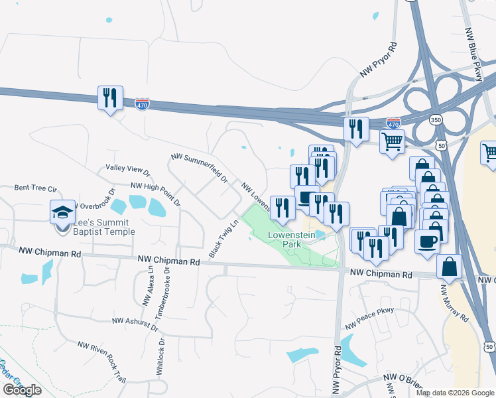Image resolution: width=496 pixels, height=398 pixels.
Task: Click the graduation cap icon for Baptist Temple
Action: coord(63,212)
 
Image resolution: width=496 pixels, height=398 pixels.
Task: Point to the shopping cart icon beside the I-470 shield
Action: coord(392,141)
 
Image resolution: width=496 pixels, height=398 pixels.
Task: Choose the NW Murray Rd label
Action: coord(454,302)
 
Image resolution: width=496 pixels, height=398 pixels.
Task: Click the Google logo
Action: coord(22,390)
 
